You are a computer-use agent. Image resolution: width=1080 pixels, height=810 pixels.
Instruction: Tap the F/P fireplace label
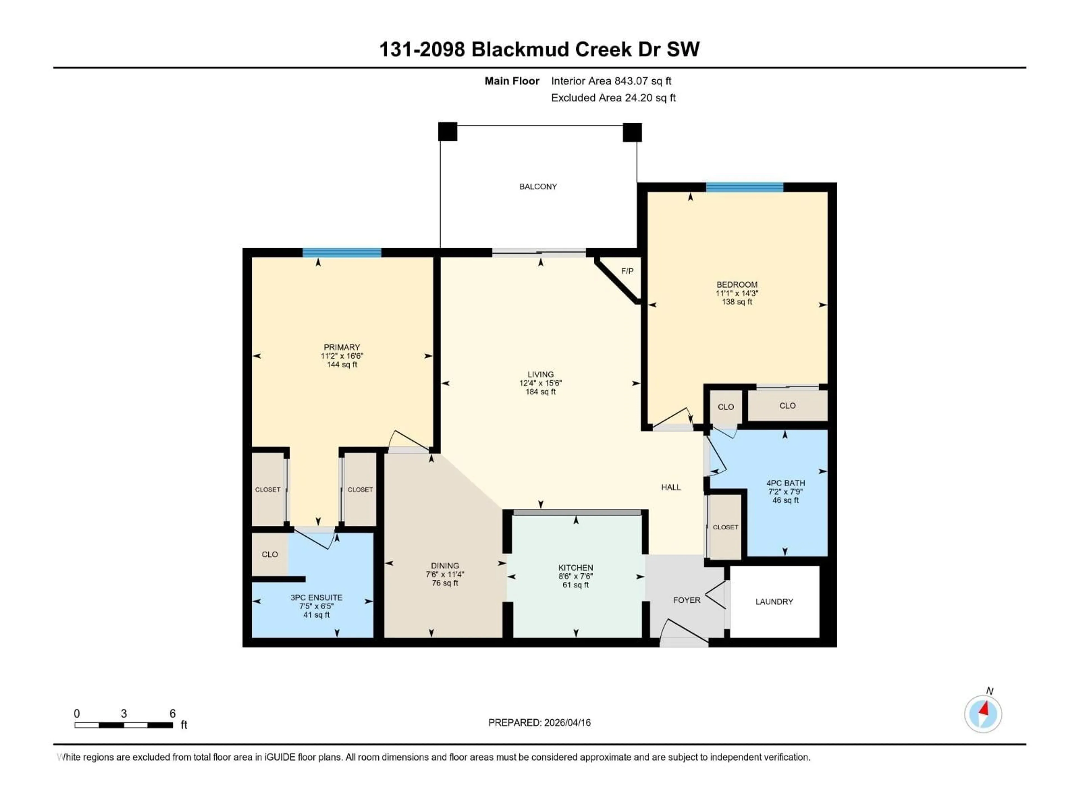click(627, 271)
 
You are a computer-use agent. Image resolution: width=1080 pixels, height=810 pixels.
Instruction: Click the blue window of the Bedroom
click(744, 187)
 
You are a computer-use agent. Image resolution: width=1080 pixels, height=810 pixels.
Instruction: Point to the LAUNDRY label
click(774, 602)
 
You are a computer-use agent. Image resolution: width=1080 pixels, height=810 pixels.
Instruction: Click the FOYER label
click(687, 600)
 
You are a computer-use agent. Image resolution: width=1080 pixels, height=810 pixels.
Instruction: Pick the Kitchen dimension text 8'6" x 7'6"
click(576, 576)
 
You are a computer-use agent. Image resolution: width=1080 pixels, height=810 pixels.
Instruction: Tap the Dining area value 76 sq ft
click(445, 583)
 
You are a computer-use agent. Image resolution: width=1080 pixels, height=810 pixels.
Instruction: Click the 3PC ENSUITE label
click(316, 597)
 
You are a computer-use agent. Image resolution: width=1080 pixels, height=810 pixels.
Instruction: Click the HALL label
click(670, 487)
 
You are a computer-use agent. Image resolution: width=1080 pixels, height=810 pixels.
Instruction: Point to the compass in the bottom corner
click(983, 714)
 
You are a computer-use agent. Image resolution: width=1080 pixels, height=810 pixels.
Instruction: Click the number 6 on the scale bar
click(172, 713)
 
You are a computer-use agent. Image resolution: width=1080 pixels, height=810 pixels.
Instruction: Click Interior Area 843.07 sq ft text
click(611, 81)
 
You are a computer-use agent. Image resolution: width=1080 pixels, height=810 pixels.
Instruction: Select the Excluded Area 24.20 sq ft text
click(613, 98)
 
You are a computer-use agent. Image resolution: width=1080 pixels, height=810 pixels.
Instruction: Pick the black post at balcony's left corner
click(447, 131)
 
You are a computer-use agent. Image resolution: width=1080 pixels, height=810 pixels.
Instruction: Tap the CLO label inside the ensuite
click(269, 554)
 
